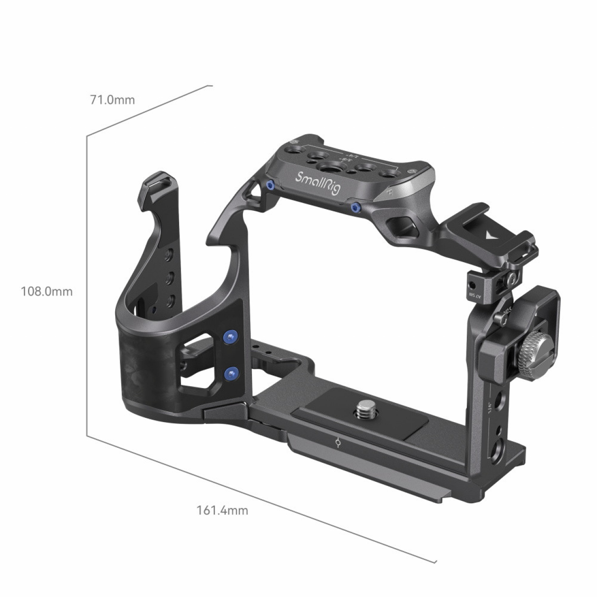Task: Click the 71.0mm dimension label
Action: [112, 100]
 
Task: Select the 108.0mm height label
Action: [47, 292]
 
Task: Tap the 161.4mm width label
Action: [222, 510]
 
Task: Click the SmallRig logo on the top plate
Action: [319, 183]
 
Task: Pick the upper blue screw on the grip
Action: [229, 337]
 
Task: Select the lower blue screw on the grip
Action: [229, 373]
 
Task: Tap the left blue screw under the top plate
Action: [270, 186]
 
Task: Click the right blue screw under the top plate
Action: [356, 207]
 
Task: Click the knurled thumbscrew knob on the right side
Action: [533, 356]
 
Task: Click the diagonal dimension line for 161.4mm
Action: [261, 499]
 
